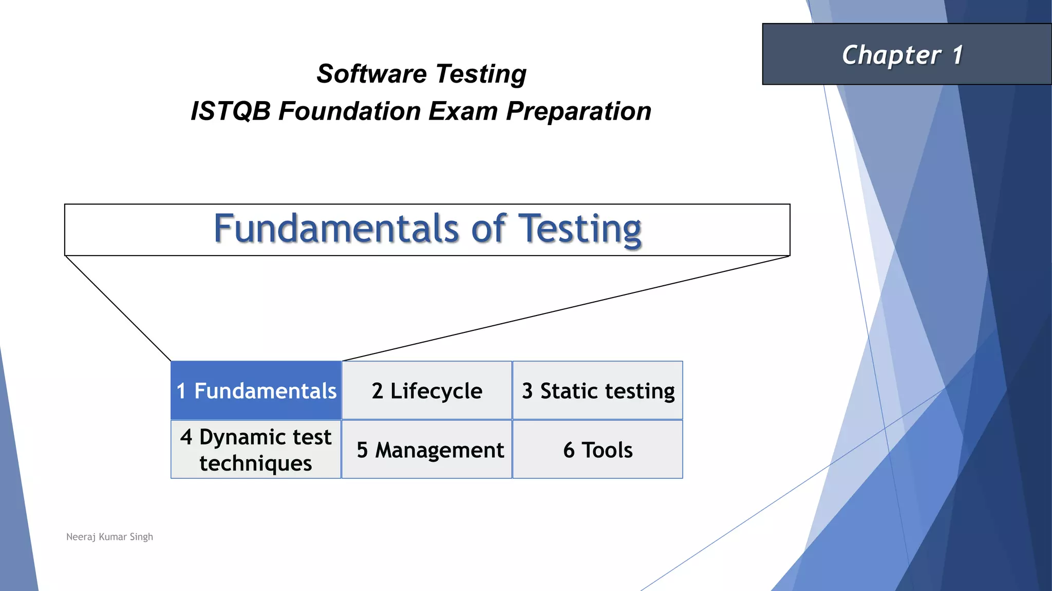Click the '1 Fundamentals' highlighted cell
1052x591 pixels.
click(x=256, y=390)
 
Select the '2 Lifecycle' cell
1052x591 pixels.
click(x=427, y=390)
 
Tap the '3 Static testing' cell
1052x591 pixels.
click(x=598, y=390)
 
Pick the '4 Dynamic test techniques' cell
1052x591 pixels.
click(x=256, y=449)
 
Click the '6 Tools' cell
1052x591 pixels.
click(x=598, y=450)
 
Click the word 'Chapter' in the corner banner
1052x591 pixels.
click(x=891, y=55)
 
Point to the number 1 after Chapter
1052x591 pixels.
click(x=957, y=54)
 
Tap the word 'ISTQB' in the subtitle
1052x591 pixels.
click(x=231, y=111)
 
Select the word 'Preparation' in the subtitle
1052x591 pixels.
click(x=578, y=111)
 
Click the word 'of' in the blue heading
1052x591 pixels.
click(x=488, y=229)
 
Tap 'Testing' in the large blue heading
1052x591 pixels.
click(x=580, y=229)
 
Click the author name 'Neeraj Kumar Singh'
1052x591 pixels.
click(x=109, y=537)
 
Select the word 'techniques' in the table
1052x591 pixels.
click(x=256, y=463)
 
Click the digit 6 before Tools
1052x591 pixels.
click(x=569, y=450)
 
